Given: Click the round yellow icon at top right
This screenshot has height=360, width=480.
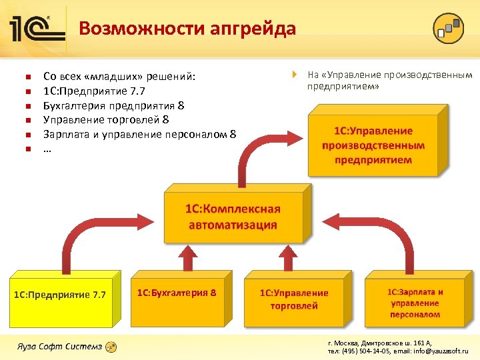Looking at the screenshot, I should (448, 28).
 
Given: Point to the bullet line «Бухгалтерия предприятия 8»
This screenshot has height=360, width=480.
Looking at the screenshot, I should (113, 105).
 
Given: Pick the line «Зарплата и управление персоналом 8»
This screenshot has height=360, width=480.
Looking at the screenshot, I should (139, 134).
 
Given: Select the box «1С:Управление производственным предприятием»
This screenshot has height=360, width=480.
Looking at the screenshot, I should (373, 145).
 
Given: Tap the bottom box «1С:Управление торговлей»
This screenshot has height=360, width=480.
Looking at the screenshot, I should (294, 299).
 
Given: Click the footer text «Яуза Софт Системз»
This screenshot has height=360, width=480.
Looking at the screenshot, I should (60, 346).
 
